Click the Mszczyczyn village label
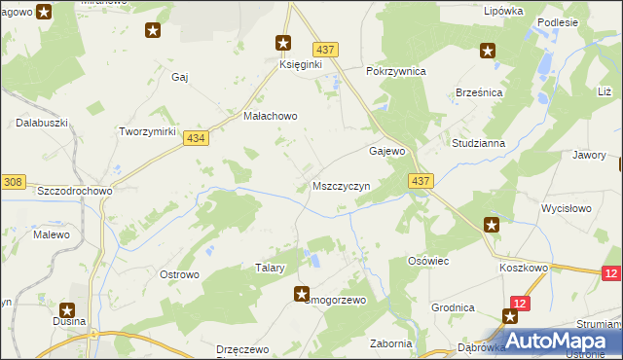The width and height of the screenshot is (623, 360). click(x=341, y=186)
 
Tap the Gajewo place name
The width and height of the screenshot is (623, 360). click(x=386, y=152)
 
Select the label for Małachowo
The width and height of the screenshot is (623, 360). click(x=270, y=115)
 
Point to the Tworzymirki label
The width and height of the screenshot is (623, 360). click(x=146, y=131)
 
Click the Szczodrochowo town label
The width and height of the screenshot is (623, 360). click(x=75, y=191)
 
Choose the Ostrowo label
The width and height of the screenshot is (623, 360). click(x=179, y=274)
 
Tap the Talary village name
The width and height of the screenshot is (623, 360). click(x=270, y=268)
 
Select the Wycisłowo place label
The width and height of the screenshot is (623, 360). click(x=567, y=208)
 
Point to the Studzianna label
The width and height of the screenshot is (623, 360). click(x=478, y=143)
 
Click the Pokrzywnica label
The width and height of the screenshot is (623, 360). click(x=396, y=71)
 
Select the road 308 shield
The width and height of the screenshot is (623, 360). click(x=13, y=182)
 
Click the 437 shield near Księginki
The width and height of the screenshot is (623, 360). click(x=325, y=49)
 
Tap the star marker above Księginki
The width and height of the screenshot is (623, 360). click(x=283, y=43)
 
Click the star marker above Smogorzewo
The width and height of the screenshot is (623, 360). click(x=302, y=293)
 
